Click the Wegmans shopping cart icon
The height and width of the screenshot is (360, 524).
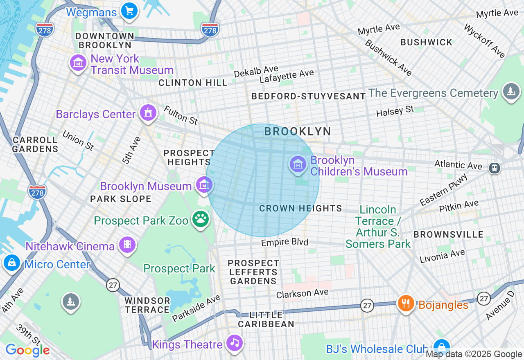pos(130,10)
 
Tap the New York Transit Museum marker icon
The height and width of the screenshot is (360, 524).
pos(78,63)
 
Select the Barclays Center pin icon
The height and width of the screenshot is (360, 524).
pos(148,112)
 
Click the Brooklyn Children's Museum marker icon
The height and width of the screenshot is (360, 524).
pos(298,164)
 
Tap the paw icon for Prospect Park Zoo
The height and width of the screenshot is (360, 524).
pos(201,219)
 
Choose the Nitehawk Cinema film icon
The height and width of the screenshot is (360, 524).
pos(127,245)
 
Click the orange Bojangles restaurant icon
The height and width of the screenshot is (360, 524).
pos(406,304)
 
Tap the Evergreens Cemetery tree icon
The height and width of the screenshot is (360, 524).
pos(510,91)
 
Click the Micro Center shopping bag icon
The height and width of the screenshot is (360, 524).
pos(12,263)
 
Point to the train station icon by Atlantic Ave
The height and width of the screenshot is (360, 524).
pos(495,168)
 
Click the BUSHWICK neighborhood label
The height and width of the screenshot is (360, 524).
pos(427,42)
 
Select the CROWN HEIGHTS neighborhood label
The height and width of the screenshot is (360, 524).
pos(300,208)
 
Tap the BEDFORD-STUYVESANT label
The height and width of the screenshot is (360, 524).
pos(308,96)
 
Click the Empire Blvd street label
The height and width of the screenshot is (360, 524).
pos(285,243)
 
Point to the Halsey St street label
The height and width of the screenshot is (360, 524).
pos(395,111)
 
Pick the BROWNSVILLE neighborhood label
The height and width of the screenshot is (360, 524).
pos(448,234)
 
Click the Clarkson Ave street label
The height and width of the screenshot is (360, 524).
pos(302,293)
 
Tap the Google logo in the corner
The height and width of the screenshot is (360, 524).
pos(27,350)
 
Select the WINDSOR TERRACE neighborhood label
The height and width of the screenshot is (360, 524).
pos(147,305)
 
